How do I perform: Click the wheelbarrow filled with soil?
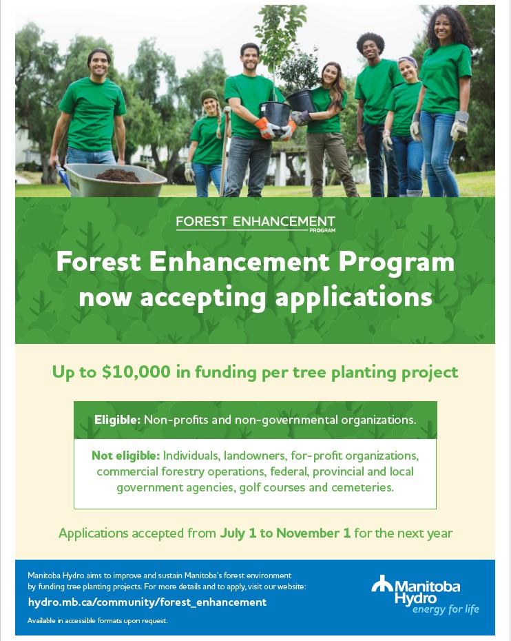(x=112, y=180)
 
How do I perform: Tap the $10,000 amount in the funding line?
(x=136, y=372)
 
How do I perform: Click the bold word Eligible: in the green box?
(x=117, y=420)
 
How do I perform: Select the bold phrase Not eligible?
(x=125, y=456)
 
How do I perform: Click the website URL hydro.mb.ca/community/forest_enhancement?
(x=147, y=602)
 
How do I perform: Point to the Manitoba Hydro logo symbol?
(x=382, y=583)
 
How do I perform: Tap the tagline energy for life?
(x=446, y=609)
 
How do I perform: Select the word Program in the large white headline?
(x=396, y=262)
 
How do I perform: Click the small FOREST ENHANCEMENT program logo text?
(x=255, y=223)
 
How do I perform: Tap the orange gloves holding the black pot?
(x=275, y=128)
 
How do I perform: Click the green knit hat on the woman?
(x=209, y=95)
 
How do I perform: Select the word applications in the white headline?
(x=353, y=298)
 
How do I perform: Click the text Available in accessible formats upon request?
(x=98, y=620)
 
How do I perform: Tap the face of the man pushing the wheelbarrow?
(x=99, y=63)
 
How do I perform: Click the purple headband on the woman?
(x=408, y=61)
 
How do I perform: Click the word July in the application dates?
(x=232, y=533)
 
